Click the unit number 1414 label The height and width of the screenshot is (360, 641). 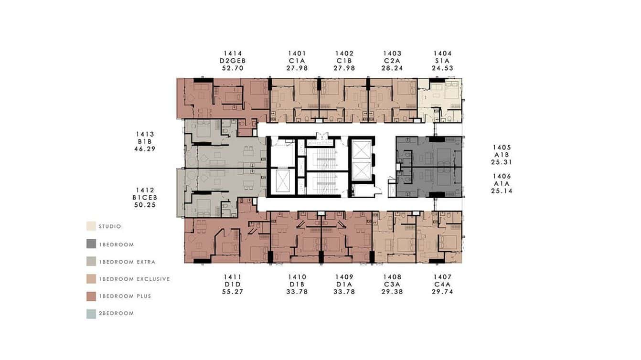click(x=233, y=53)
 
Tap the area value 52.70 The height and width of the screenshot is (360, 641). click(x=233, y=68)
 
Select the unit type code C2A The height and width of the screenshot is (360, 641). click(x=392, y=61)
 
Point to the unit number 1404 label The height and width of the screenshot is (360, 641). click(x=442, y=53)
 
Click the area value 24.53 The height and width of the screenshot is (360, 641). click(x=442, y=68)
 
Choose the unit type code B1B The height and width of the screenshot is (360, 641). click(x=145, y=142)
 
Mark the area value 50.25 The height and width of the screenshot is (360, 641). click(x=145, y=205)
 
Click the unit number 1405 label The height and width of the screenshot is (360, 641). click(x=502, y=148)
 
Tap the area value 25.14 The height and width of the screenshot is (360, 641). click(x=502, y=191)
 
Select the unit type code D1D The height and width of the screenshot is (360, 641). click(x=233, y=285)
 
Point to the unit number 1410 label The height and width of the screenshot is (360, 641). click(x=297, y=277)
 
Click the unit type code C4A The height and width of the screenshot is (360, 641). click(x=442, y=285)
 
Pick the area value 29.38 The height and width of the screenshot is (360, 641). click(x=392, y=292)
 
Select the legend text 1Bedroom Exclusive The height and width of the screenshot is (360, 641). click(x=134, y=279)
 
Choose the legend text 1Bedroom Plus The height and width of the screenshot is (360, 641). click(x=125, y=296)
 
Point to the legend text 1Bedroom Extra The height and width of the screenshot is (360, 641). click(x=127, y=262)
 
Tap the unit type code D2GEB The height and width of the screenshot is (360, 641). click(x=233, y=61)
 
